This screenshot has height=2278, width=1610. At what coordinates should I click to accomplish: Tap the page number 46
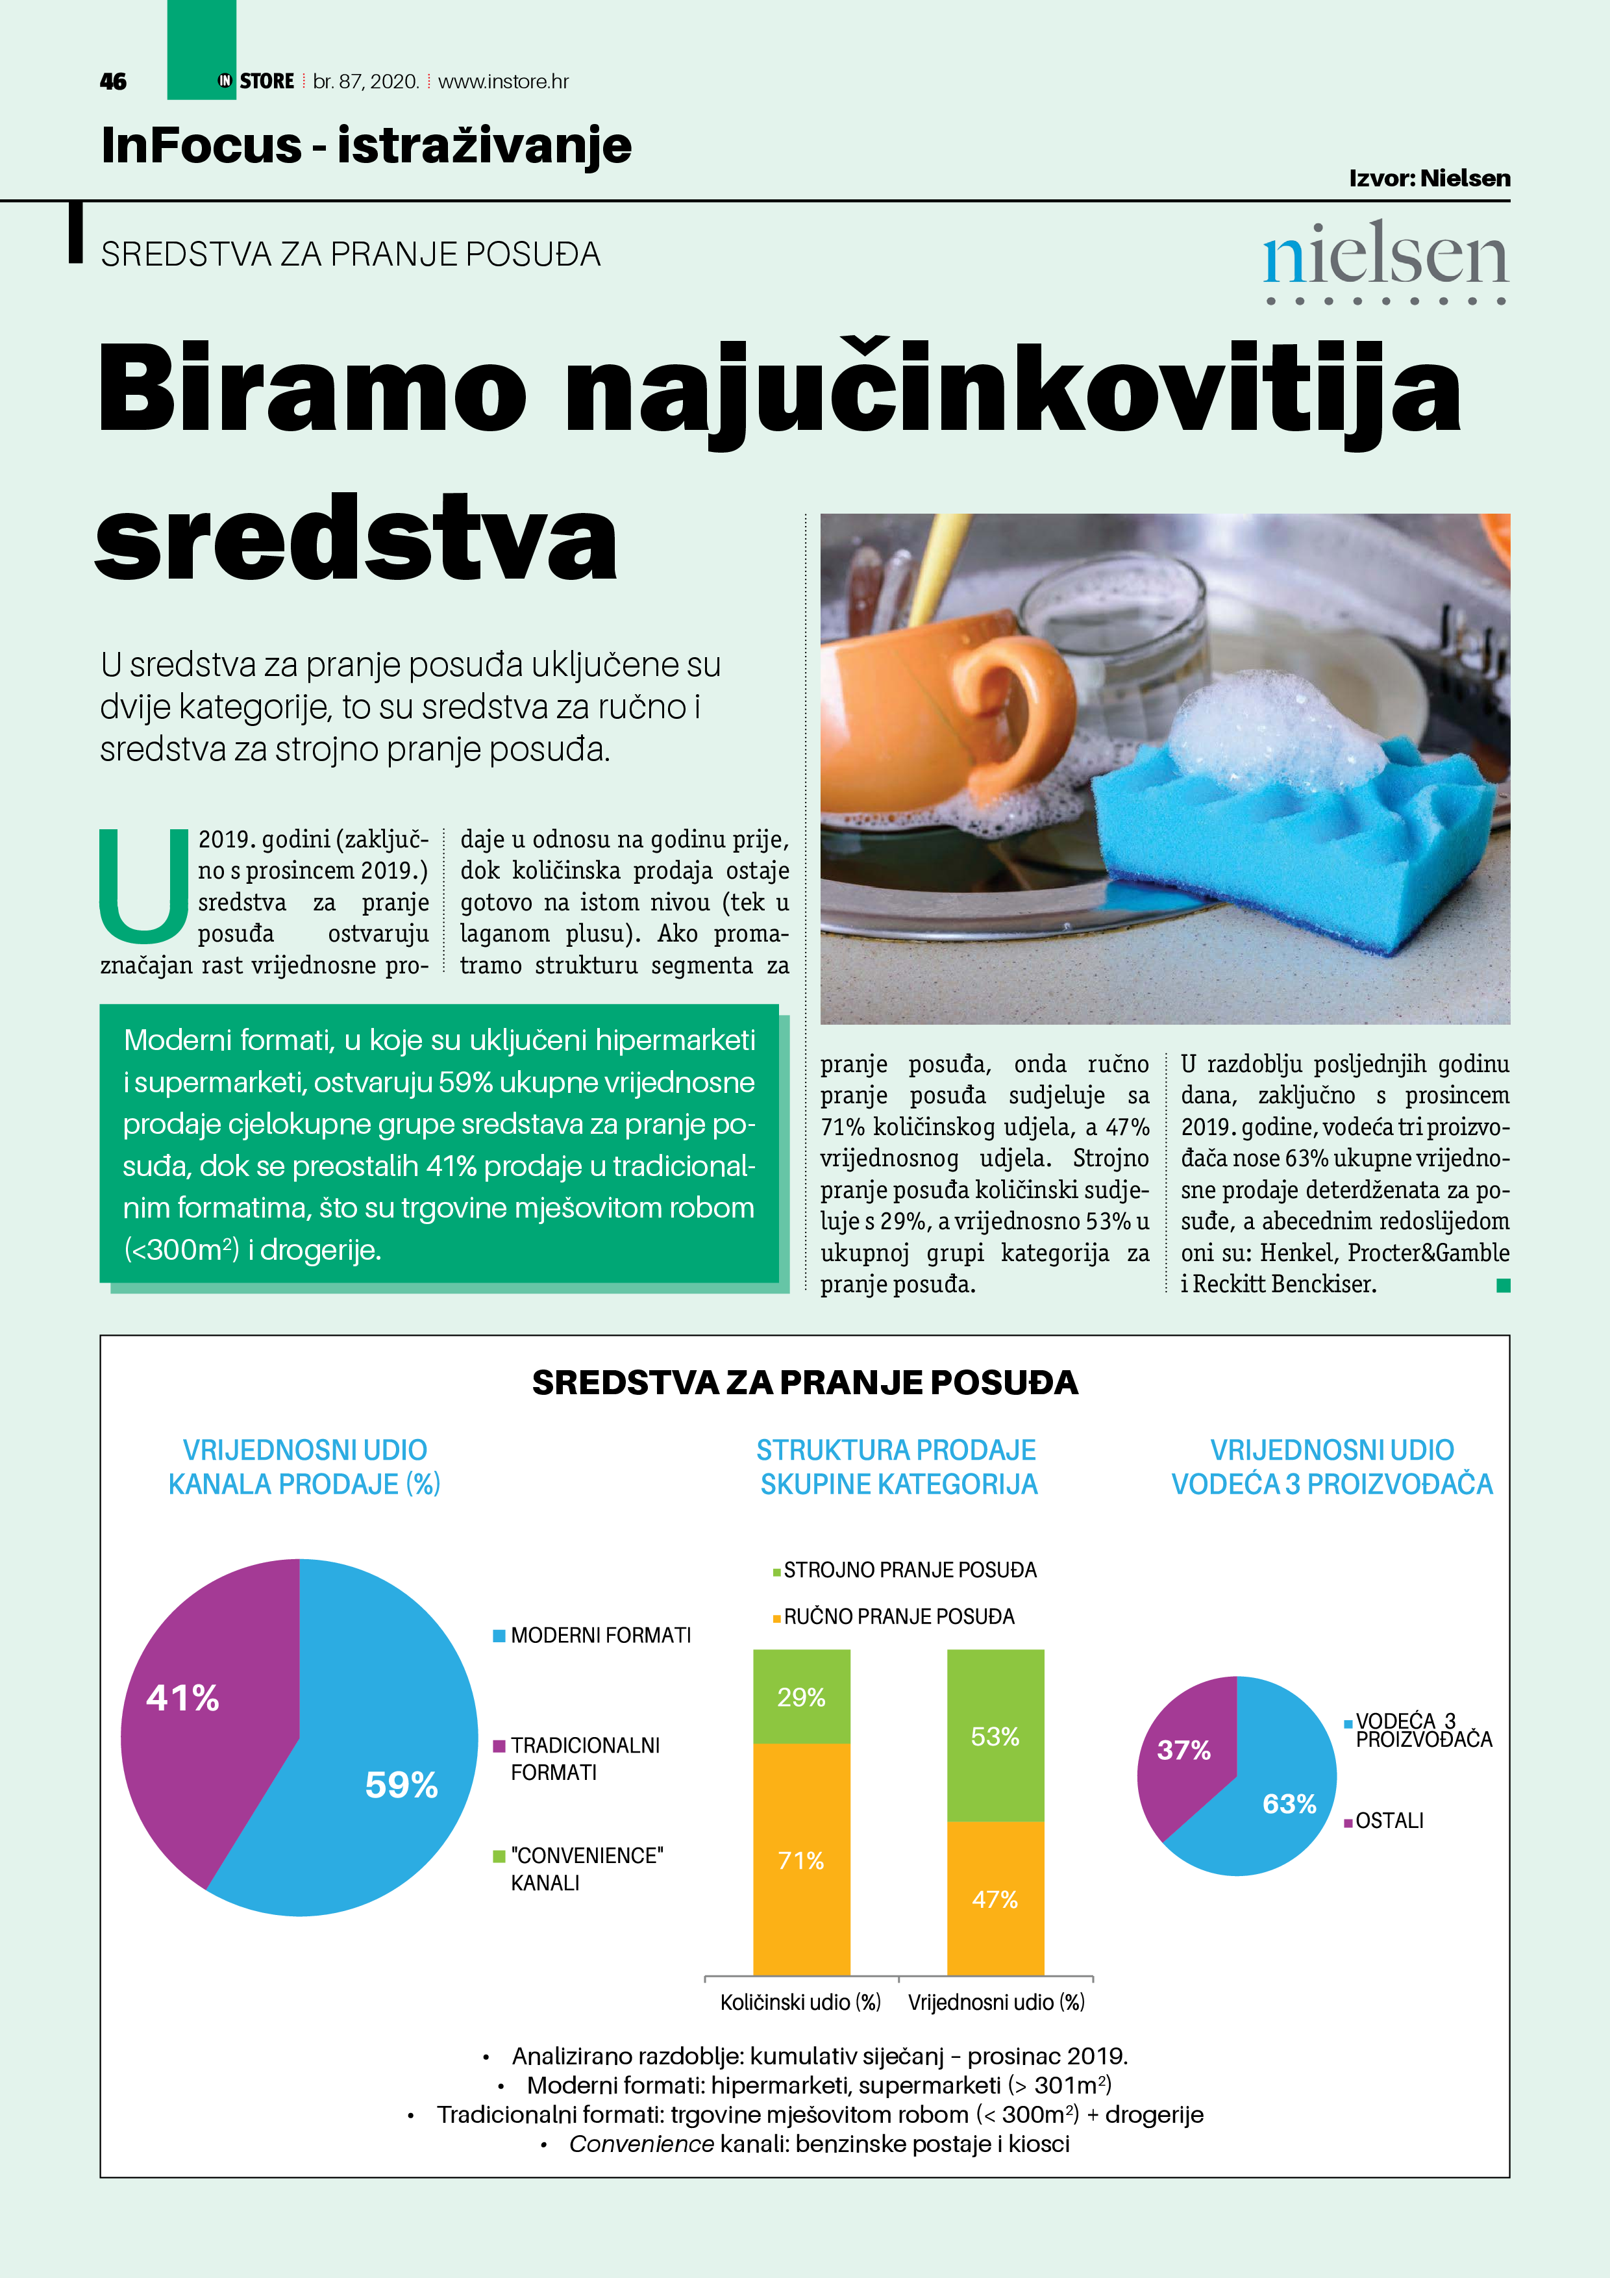[x=113, y=81]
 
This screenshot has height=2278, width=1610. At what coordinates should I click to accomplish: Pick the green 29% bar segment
[x=802, y=1697]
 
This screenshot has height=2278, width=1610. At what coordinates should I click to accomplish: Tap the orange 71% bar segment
[x=802, y=1860]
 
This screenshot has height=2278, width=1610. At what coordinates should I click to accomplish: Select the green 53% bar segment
[x=995, y=1736]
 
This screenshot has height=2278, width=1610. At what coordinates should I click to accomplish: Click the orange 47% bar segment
[x=995, y=1899]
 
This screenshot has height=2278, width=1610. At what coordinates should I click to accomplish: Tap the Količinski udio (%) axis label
[x=800, y=2002]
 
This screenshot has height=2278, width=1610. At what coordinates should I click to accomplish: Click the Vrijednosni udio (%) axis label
[x=996, y=2002]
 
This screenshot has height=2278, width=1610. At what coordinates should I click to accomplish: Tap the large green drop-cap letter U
[x=145, y=885]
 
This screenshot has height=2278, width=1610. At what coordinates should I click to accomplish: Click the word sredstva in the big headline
[x=357, y=541]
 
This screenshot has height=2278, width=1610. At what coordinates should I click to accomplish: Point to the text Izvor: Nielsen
[x=1430, y=179]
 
